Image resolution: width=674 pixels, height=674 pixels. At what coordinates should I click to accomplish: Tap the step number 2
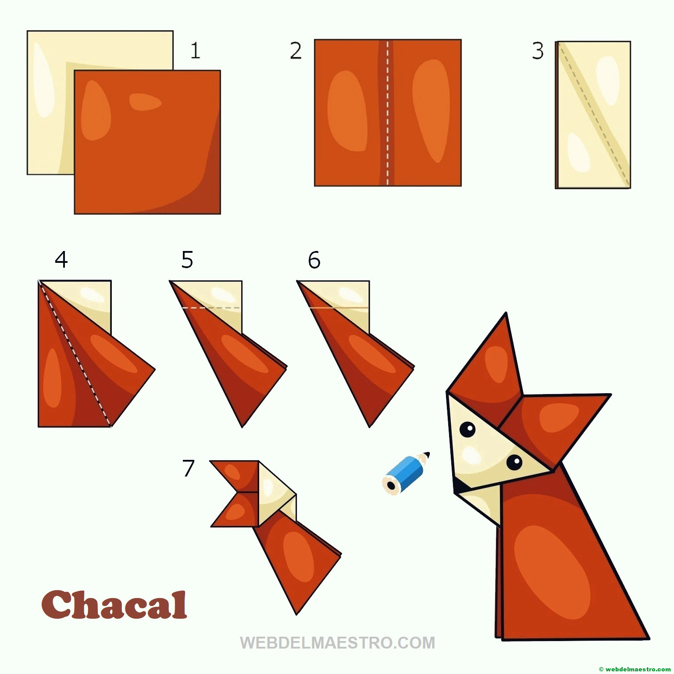296,51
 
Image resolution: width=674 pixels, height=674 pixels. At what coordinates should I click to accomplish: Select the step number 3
538,51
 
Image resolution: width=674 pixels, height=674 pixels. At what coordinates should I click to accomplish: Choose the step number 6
314,260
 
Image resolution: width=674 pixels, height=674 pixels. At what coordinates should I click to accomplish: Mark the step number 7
188,468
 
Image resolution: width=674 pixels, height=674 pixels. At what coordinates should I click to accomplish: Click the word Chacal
114,605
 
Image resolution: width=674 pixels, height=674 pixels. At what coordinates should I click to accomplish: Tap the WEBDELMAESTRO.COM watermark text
337,643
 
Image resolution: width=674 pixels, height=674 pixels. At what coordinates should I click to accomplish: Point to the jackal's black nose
459,485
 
